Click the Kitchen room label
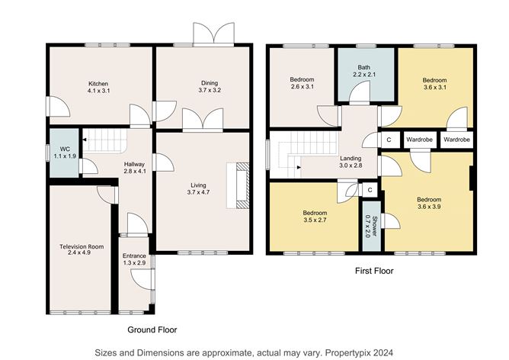[x=98, y=84]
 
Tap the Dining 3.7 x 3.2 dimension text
[x=210, y=90]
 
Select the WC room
[x=64, y=153]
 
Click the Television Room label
[x=82, y=246]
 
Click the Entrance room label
[x=134, y=256]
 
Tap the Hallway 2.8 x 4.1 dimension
[x=134, y=171]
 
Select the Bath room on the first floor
[x=367, y=75]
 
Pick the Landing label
[x=351, y=158]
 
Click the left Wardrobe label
[x=419, y=140]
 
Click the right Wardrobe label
[x=456, y=140]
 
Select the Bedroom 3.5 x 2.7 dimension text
[x=315, y=220]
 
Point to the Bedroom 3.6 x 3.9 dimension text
[x=429, y=207]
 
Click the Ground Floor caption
[x=152, y=329]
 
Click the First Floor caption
[x=374, y=271]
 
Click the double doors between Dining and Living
[x=203, y=120]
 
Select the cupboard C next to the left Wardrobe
[x=389, y=140]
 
